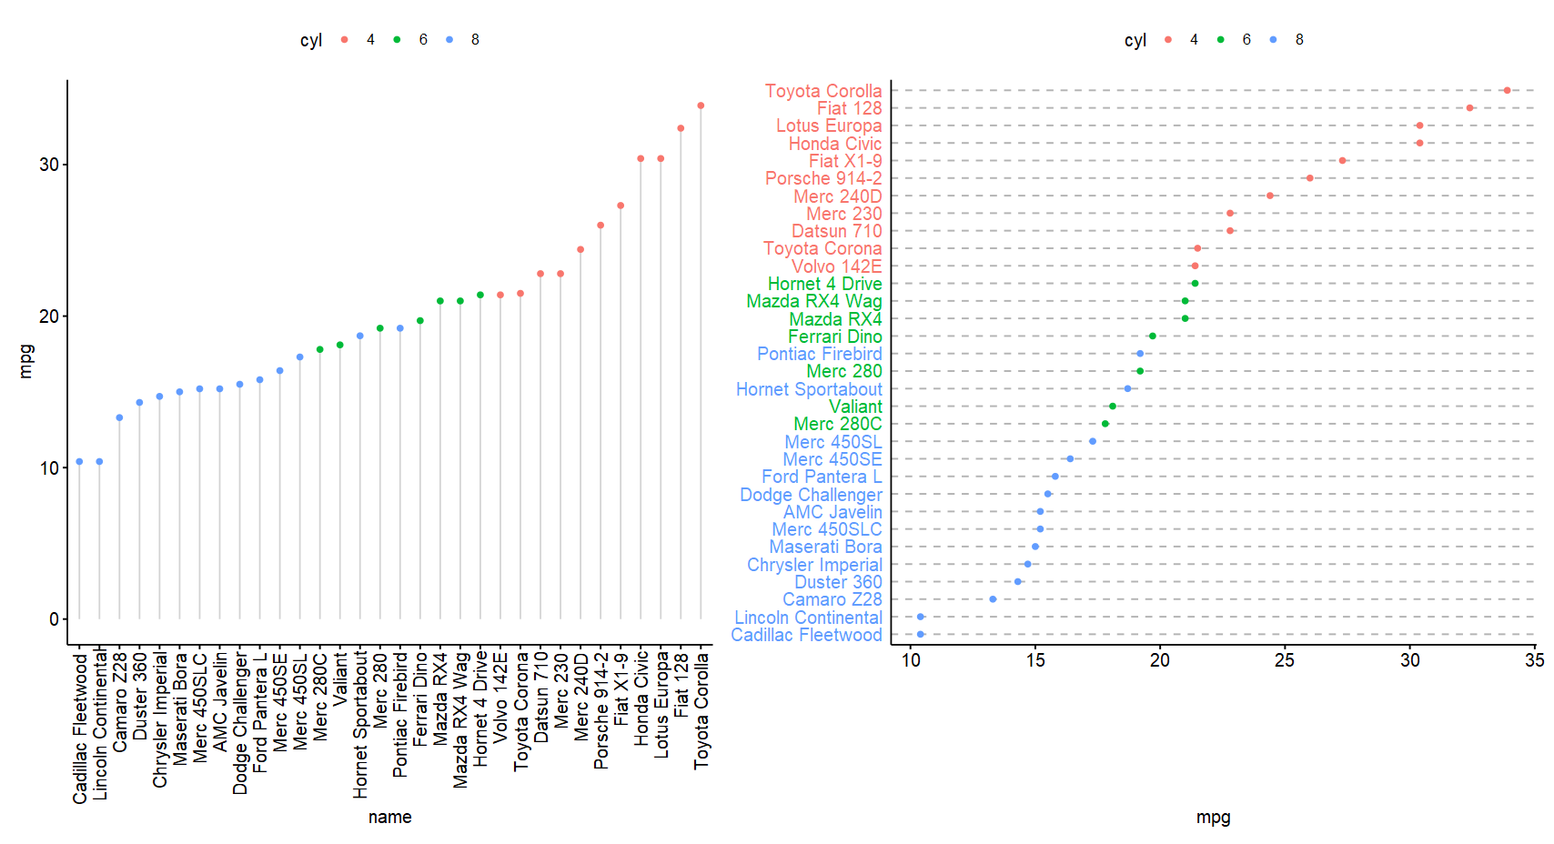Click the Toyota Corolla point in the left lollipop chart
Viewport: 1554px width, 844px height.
(x=701, y=105)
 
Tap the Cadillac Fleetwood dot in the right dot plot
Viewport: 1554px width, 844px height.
(x=921, y=634)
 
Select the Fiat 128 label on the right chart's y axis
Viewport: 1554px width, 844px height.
(x=849, y=108)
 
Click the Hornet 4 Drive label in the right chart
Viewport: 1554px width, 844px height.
(x=824, y=284)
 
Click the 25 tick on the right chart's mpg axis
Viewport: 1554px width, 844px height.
(x=1285, y=660)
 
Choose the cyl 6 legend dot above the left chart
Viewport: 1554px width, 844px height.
(x=397, y=40)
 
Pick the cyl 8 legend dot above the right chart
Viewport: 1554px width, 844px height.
(x=1273, y=40)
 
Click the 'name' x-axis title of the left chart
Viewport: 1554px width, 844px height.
(x=389, y=817)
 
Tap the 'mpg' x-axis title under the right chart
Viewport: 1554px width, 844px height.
(x=1213, y=817)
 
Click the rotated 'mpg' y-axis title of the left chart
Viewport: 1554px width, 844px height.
(x=26, y=361)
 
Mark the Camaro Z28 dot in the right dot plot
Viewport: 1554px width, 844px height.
(x=993, y=599)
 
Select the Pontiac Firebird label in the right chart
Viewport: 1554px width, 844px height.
(x=819, y=354)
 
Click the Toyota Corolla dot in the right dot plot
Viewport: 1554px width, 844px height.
(x=1507, y=90)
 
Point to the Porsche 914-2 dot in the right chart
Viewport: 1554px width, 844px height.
(x=1309, y=178)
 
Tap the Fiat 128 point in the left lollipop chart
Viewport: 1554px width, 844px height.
(x=681, y=128)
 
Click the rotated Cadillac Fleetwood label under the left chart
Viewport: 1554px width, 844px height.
(x=80, y=728)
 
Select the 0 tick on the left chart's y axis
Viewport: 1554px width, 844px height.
(x=54, y=619)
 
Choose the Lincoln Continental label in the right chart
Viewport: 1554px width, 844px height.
(x=808, y=618)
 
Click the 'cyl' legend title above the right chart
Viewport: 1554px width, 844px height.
(x=1135, y=40)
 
